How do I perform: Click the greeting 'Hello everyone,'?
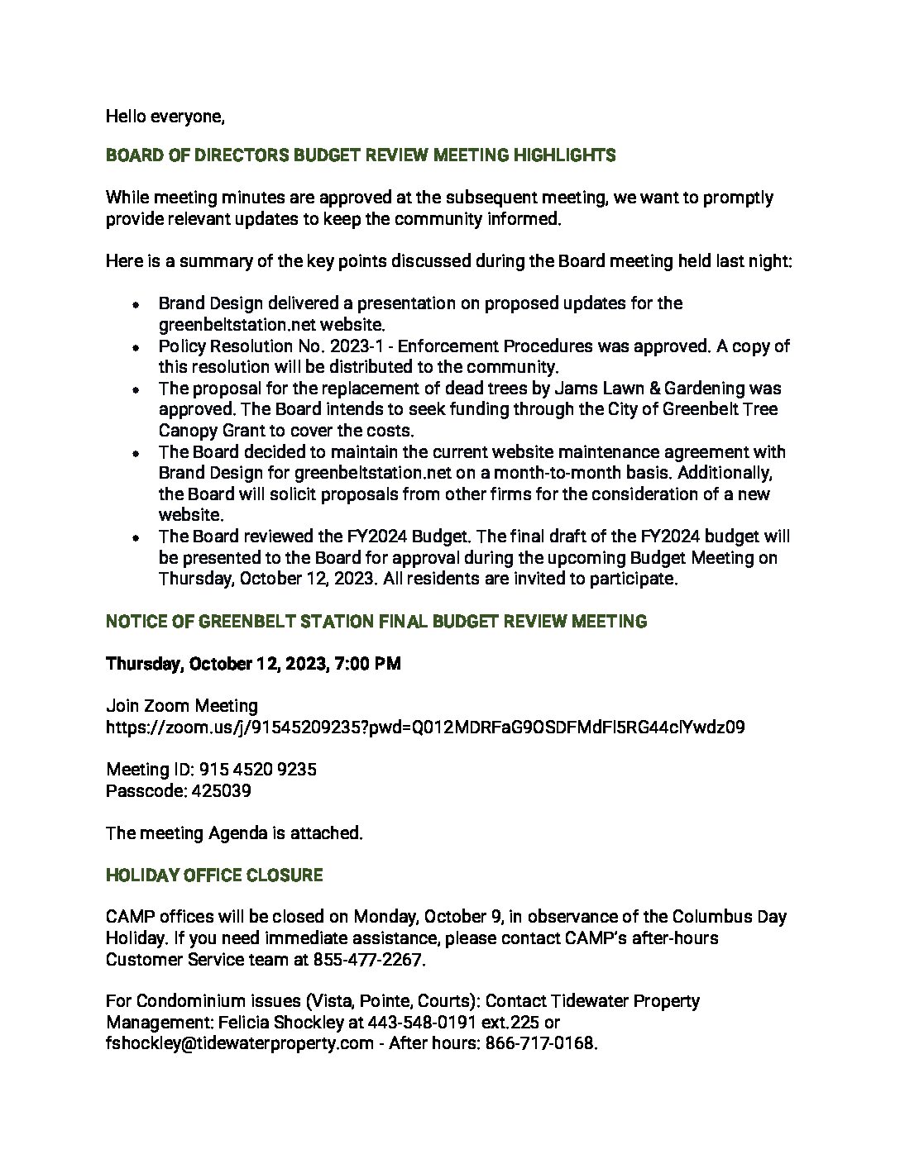coord(165,117)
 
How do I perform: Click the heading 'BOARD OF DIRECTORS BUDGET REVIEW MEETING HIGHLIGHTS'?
coord(361,155)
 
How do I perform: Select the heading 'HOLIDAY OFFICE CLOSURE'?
coord(214,875)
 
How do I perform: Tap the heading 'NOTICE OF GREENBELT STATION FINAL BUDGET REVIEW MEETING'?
coord(376,621)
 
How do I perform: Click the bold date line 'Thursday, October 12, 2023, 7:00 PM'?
coord(253,664)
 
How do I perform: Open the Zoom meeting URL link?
coord(425,727)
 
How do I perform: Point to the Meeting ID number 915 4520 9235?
coord(258,770)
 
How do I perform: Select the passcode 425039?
coord(222,791)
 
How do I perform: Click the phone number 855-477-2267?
coord(368,960)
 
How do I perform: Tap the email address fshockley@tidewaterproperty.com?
coord(240,1043)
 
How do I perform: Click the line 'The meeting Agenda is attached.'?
coord(234,833)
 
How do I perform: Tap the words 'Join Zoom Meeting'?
coord(182,706)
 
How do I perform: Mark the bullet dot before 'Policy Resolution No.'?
coord(136,348)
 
